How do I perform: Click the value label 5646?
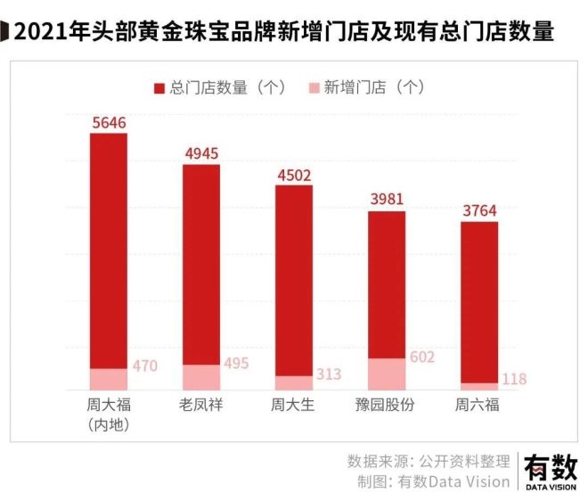(x=109, y=123)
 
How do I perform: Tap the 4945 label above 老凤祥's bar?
(x=201, y=153)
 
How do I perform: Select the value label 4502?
(x=294, y=175)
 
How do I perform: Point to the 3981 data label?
(x=387, y=200)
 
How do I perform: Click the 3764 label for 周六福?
(x=479, y=210)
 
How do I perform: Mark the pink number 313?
(x=329, y=374)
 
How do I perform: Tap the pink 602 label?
(x=421, y=357)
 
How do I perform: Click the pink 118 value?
(x=514, y=379)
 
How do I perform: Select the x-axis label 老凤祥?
(x=201, y=406)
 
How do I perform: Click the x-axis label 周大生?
(x=294, y=406)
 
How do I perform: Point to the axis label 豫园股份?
(x=387, y=406)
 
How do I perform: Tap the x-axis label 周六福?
(x=479, y=406)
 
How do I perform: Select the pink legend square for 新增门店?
(x=314, y=87)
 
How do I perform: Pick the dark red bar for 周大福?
(x=109, y=250)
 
